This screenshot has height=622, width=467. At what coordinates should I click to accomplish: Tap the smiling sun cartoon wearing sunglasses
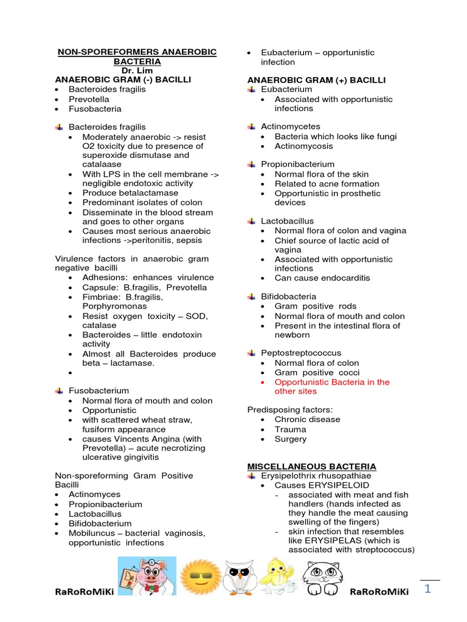click(x=199, y=576)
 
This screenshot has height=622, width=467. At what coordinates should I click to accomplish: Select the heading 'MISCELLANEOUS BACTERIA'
click(x=311, y=466)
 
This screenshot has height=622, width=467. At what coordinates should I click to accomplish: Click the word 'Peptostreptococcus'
click(x=301, y=353)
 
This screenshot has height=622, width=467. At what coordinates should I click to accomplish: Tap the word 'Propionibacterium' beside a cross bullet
click(x=297, y=165)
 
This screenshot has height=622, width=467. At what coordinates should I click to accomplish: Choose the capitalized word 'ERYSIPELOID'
click(x=339, y=486)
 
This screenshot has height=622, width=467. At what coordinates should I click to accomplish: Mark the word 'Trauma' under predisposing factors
click(x=291, y=429)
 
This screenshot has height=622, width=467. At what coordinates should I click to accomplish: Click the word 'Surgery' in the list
click(x=291, y=439)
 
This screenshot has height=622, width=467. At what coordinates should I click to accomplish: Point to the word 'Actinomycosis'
click(x=304, y=146)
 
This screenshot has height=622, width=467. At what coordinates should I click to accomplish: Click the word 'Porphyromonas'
click(x=114, y=307)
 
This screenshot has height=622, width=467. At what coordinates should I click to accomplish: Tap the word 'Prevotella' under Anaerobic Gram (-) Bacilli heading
click(x=89, y=99)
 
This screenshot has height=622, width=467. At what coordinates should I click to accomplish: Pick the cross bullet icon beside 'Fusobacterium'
click(x=59, y=391)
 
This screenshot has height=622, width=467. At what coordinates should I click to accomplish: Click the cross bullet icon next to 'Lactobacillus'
click(x=251, y=221)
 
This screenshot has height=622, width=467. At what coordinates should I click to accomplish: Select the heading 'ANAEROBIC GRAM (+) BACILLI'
click(x=316, y=80)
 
